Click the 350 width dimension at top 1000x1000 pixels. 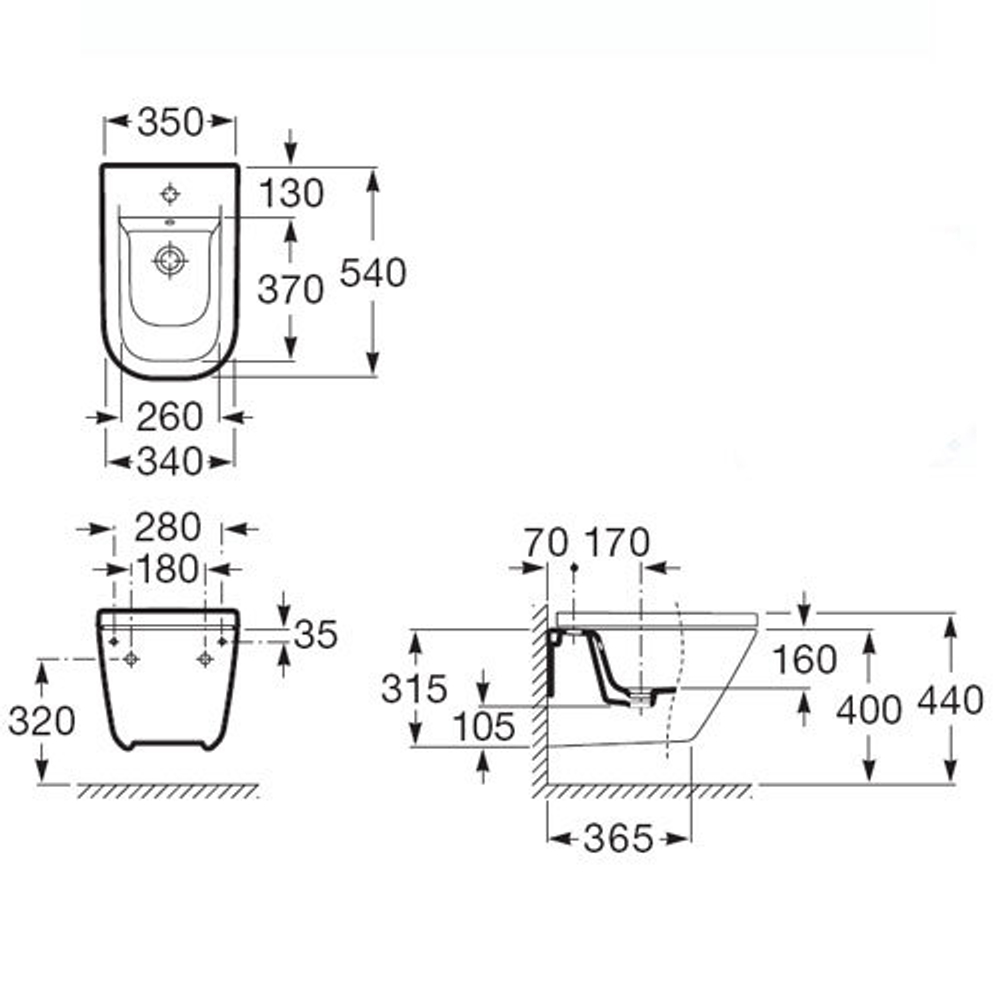tap(170, 122)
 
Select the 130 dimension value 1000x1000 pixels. tap(291, 193)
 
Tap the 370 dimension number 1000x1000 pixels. tap(290, 290)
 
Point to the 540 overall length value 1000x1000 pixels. tap(373, 272)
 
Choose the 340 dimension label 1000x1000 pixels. tap(170, 461)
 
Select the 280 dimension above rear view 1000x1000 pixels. tap(169, 527)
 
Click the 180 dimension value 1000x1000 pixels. tap(169, 569)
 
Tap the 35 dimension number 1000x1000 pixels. tap(316, 633)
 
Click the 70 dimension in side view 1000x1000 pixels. tap(546, 542)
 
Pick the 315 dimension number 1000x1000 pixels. tap(414, 688)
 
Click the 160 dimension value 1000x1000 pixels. tap(805, 660)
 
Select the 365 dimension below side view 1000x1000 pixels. tap(618, 838)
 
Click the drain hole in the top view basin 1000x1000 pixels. tap(170, 260)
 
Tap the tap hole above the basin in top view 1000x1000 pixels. tap(170, 193)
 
